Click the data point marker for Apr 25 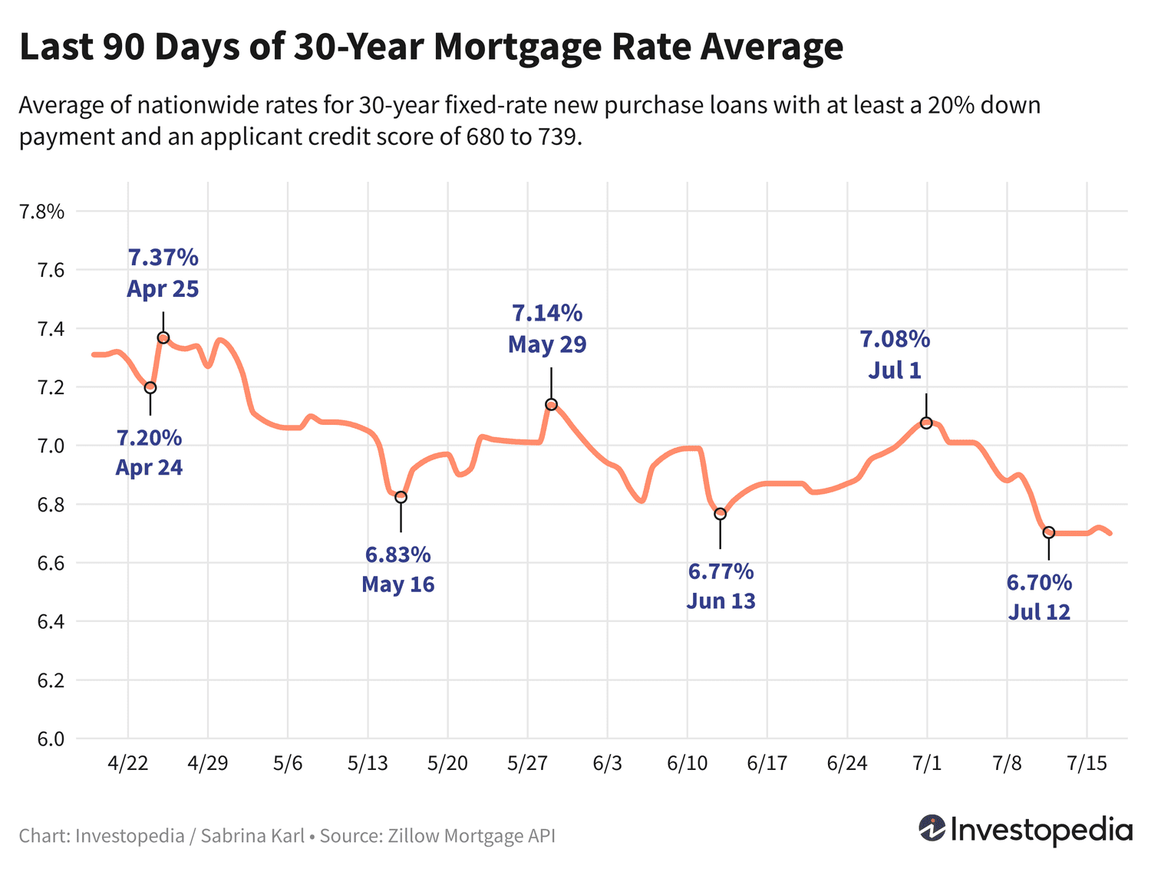[163, 337]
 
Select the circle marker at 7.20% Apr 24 [150, 387]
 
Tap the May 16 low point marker [401, 497]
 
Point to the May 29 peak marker [551, 404]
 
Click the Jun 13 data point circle [720, 514]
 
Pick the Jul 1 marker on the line [926, 423]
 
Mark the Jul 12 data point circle [1049, 532]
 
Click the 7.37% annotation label [163, 257]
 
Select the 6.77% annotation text [721, 571]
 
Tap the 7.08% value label [895, 339]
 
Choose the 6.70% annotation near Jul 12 [1039, 583]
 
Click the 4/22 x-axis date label [127, 764]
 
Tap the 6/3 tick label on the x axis [607, 764]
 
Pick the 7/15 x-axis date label [1086, 764]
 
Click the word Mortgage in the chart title [517, 47]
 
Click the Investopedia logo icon [932, 828]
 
